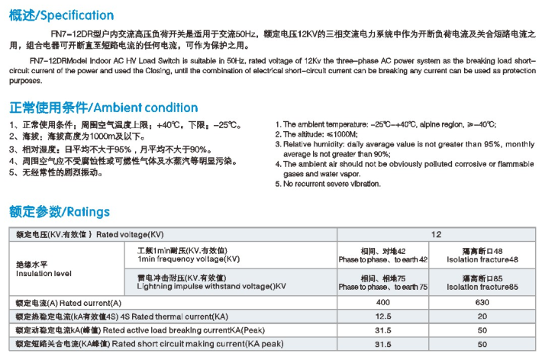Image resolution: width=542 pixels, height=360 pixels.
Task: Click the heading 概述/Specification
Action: coord(61,15)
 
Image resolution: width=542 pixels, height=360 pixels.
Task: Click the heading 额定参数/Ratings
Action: coord(59,211)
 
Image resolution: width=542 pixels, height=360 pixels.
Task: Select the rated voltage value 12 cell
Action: coord(437,234)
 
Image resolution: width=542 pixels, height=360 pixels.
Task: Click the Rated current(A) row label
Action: coord(69,304)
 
